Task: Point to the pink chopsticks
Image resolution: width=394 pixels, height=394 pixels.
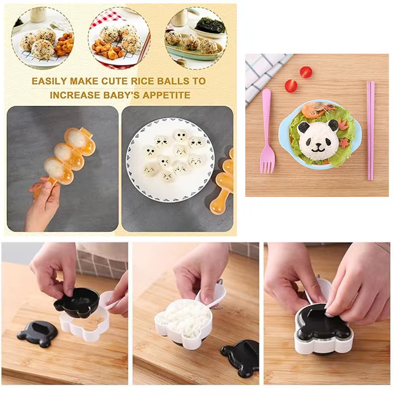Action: point(370,131)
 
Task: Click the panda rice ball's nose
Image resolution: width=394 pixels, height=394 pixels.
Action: point(318,145)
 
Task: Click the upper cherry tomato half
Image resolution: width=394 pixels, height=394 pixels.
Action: point(306,72)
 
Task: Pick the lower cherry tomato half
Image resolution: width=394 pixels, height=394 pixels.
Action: point(291,86)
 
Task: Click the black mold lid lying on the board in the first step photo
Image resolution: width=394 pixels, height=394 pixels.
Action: point(37,333)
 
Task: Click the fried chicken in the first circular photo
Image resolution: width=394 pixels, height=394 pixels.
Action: point(65,44)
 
